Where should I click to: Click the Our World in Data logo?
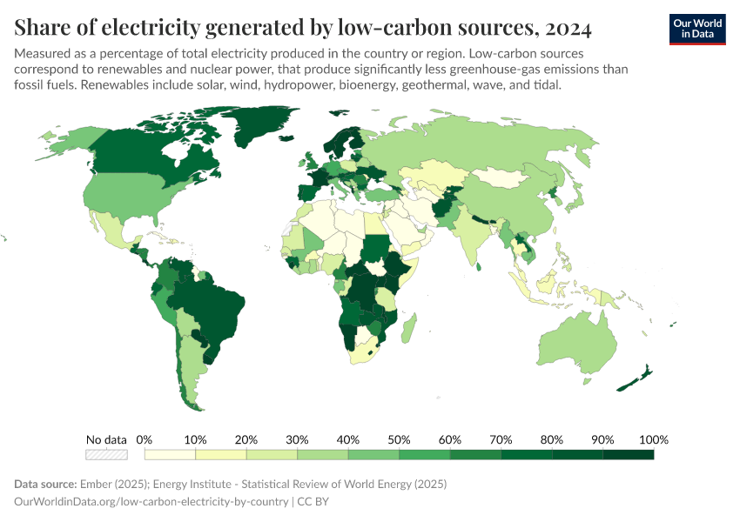pyautogui.click(x=696, y=29)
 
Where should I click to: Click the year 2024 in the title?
pyautogui.click(x=568, y=29)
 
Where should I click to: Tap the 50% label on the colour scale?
pyautogui.click(x=399, y=438)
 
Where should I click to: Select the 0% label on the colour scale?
pyautogui.click(x=145, y=438)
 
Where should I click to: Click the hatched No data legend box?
pyautogui.click(x=106, y=454)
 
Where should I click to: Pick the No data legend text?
pyautogui.click(x=106, y=438)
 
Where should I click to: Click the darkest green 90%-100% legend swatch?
pyautogui.click(x=628, y=454)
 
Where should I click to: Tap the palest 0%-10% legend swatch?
pyautogui.click(x=170, y=454)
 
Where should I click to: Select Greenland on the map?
pyautogui.click(x=261, y=130)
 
